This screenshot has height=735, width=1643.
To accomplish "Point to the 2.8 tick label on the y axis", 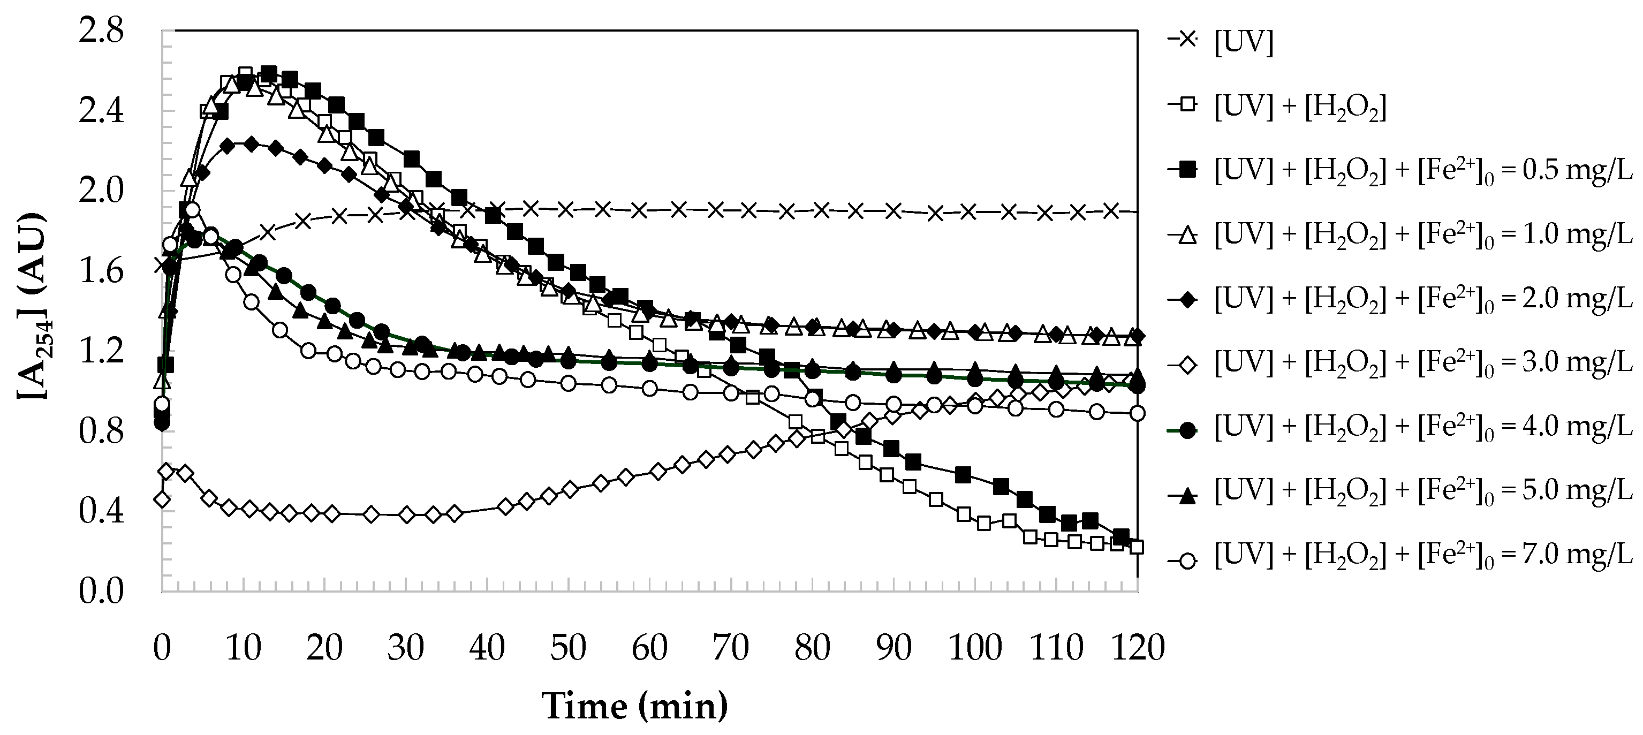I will pos(101,31).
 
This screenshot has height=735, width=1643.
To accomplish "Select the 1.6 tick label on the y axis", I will pos(101,272).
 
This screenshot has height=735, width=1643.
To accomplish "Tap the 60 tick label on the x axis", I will pos(649,648).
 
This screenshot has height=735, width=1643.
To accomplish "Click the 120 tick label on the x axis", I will pos(1138,648).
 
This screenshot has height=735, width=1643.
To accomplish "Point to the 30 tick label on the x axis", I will pos(406,648).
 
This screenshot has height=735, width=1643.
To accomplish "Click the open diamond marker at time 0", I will pos(162,499).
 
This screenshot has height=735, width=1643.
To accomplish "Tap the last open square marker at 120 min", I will pos(1136,547).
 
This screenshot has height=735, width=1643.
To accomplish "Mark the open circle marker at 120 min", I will pos(1137,413).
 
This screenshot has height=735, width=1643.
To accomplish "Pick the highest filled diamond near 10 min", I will pos(251,144).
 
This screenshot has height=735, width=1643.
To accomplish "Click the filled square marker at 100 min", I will pos(963,475).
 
